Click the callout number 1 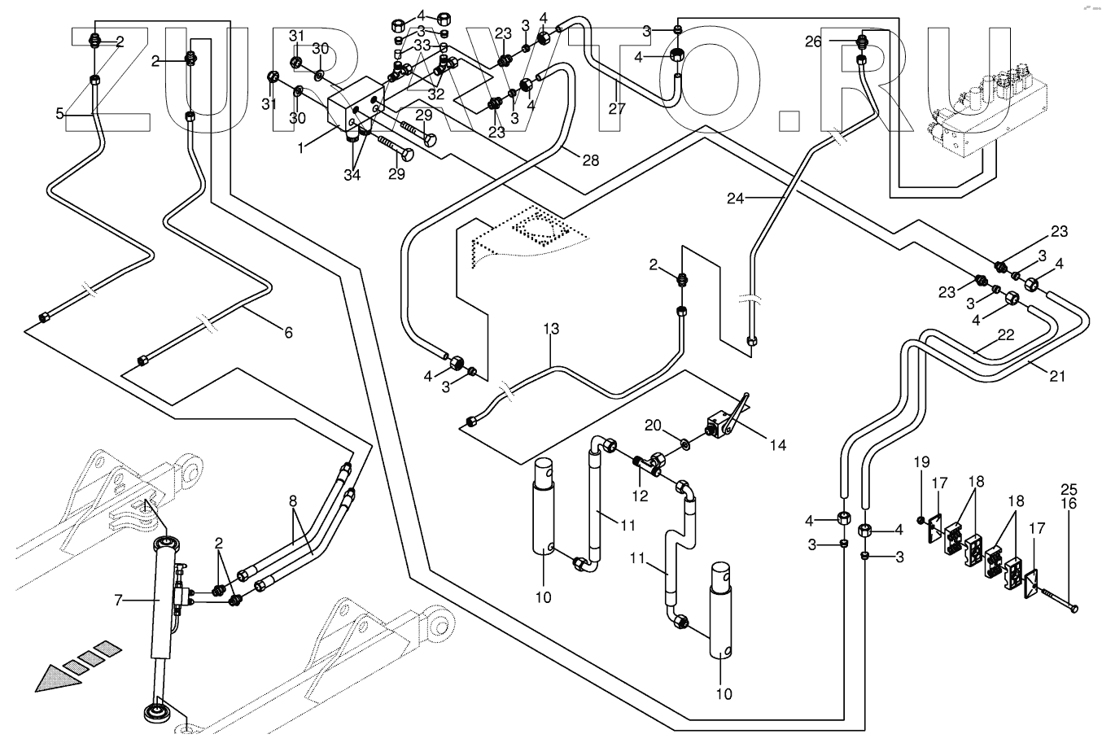pyautogui.click(x=301, y=147)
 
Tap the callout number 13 pyautogui.click(x=551, y=329)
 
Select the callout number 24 pyautogui.click(x=736, y=199)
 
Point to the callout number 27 pyautogui.click(x=617, y=109)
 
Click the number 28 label pyautogui.click(x=591, y=160)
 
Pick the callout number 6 pyautogui.click(x=289, y=333)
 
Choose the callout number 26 pyautogui.click(x=813, y=42)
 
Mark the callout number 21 pyautogui.click(x=1057, y=376)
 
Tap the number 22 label pyautogui.click(x=1006, y=334)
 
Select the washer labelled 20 pyautogui.click(x=684, y=444)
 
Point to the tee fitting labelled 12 pyautogui.click(x=649, y=464)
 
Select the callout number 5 pyautogui.click(x=59, y=114)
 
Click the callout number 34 pyautogui.click(x=352, y=175)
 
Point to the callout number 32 pyautogui.click(x=436, y=94)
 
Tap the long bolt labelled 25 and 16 pyautogui.click(x=1056, y=598)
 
